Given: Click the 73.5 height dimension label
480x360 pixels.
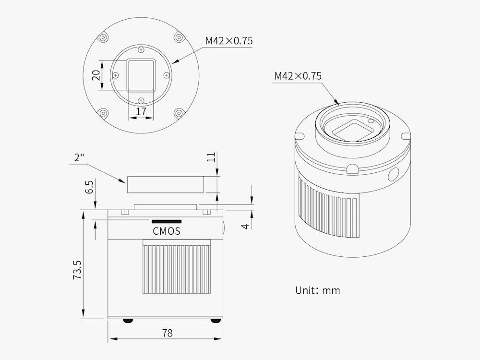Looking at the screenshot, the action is [77, 269].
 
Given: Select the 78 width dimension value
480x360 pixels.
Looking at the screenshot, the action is [168, 333].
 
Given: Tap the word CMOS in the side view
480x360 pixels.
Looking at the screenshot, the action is [167, 231].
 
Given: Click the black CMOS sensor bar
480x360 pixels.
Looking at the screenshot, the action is [167, 221].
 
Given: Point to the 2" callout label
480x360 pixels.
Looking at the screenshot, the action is [79, 157].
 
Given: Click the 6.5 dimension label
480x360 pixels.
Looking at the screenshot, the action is [89, 187].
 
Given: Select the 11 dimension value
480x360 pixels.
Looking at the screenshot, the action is [211, 157].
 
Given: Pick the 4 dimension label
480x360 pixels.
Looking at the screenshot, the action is [245, 226].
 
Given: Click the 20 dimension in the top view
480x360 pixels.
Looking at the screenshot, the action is [96, 75].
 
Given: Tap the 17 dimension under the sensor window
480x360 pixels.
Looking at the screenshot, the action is [141, 111].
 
